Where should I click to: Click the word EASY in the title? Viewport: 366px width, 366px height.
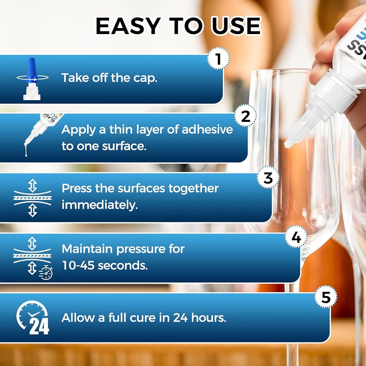[128, 26]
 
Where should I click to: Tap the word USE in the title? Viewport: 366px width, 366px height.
[236, 26]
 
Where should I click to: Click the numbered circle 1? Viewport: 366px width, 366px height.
[218, 58]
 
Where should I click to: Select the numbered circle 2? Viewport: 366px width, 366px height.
[245, 116]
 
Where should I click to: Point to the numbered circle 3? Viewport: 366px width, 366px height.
[268, 178]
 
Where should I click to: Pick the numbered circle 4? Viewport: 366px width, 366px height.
[296, 237]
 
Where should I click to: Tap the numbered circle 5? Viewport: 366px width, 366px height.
[326, 297]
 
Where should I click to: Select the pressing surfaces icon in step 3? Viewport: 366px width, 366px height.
[33, 198]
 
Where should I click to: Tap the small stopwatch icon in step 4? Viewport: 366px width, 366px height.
[46, 273]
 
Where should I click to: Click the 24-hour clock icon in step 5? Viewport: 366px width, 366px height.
[33, 317]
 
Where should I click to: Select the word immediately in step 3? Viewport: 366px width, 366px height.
[100, 205]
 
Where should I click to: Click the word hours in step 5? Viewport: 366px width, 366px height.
[209, 317]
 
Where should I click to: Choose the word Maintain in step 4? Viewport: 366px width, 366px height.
[87, 249]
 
